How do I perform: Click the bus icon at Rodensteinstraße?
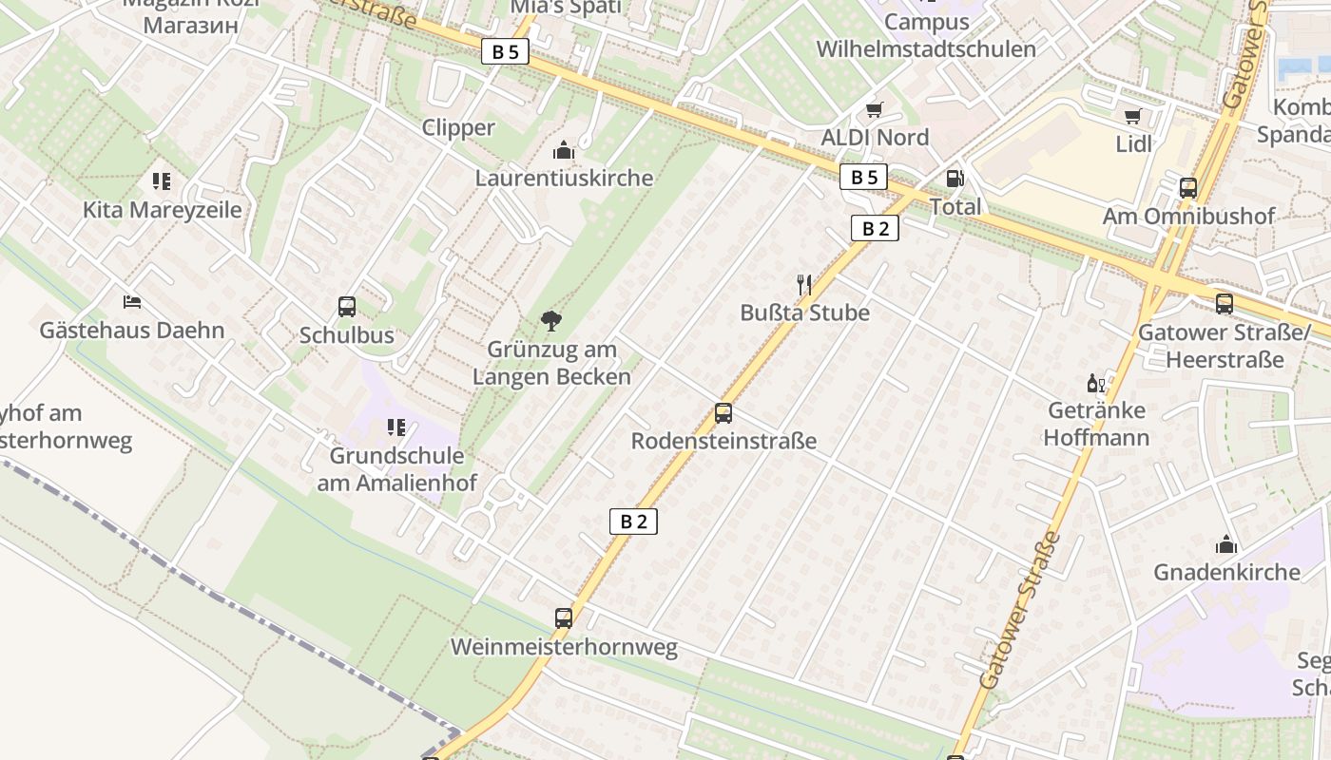pos(723,413)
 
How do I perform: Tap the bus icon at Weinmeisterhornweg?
pos(564,618)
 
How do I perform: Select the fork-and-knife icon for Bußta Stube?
pos(804,283)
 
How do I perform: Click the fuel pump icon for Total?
pos(954,179)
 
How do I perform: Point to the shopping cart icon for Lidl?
pos(1132,117)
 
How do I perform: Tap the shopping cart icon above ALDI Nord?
pos(874,110)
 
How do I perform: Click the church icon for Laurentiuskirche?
pos(564,150)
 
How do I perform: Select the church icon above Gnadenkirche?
pos(1225,544)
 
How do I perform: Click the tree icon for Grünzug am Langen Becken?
pos(550,321)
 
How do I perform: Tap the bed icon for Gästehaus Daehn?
pos(132,302)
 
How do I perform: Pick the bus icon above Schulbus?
pos(347,307)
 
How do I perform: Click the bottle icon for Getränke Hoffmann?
pos(1095,384)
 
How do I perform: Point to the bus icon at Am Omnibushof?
pos(1188,188)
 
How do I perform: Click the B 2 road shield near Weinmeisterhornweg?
pos(633,521)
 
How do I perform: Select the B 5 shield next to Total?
pos(863,177)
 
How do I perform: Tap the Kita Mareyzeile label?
pos(162,210)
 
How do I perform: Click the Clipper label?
pos(458,127)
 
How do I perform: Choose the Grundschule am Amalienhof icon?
pos(396,428)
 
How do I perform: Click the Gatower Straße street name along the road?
pos(1020,610)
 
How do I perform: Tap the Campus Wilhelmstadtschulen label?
pos(926,35)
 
